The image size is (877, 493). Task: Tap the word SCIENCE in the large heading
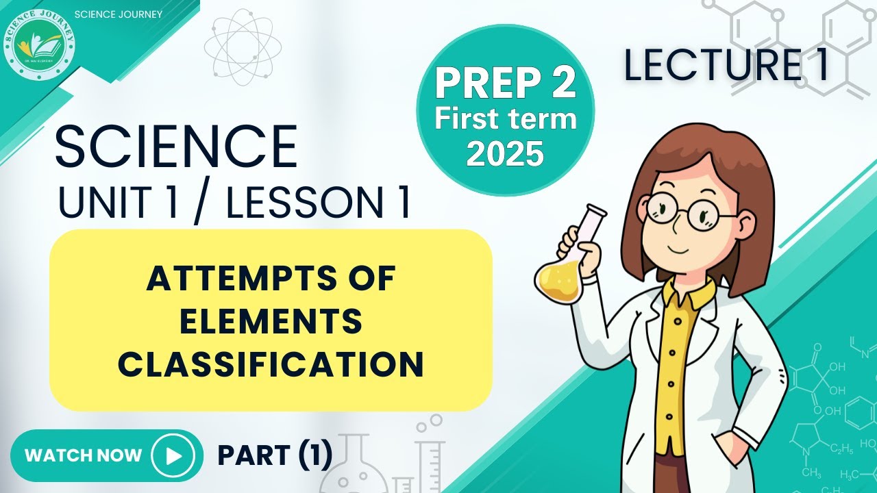pyautogui.click(x=175, y=147)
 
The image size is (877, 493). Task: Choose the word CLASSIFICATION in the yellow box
pyautogui.click(x=271, y=364)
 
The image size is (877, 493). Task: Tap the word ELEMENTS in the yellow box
pyautogui.click(x=271, y=323)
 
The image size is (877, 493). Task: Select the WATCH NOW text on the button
pyautogui.click(x=83, y=455)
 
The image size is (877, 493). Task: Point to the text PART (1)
pyautogui.click(x=275, y=455)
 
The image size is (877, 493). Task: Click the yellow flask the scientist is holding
pyautogui.click(x=560, y=274)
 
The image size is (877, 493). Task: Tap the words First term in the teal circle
pyautogui.click(x=505, y=120)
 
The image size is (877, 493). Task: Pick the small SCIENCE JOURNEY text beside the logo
pyautogui.click(x=117, y=14)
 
